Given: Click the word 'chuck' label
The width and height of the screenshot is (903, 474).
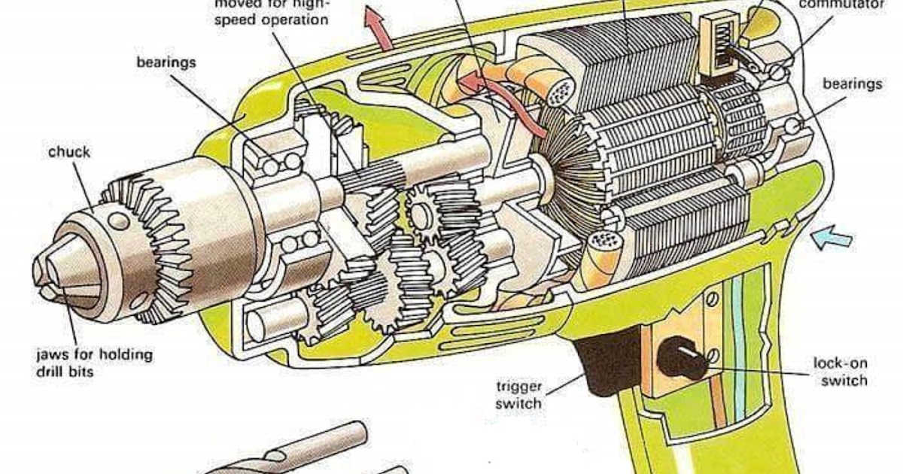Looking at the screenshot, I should [69, 152].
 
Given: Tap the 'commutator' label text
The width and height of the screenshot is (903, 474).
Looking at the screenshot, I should [841, 5].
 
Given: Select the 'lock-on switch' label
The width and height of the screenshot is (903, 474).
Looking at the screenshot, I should [840, 372].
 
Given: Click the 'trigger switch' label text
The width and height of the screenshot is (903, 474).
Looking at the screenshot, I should [518, 395].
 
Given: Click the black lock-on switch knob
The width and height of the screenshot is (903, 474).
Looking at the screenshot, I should [682, 359].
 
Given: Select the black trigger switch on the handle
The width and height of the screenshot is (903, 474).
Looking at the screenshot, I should [607, 365].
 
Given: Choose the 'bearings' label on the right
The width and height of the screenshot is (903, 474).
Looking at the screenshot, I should [852, 84].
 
